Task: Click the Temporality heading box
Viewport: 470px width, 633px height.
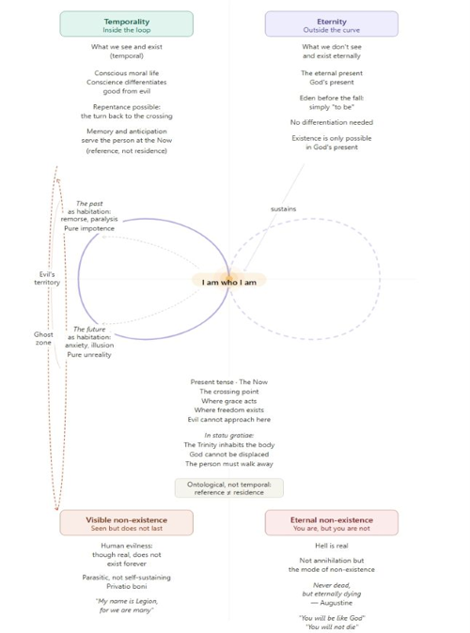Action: click(x=127, y=24)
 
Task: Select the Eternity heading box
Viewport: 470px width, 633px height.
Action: click(x=332, y=24)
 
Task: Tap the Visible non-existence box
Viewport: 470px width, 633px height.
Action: click(x=127, y=523)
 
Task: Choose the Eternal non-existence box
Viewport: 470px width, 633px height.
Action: click(x=332, y=523)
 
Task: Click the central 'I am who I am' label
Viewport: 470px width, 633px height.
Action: click(x=229, y=282)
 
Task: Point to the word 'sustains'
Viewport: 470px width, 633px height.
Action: click(x=283, y=208)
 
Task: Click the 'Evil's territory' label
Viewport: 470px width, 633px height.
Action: click(x=47, y=278)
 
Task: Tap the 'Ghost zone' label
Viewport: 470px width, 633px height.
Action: click(x=43, y=338)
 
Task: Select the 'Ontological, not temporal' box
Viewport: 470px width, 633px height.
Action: click(x=229, y=488)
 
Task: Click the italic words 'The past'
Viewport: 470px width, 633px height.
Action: click(x=89, y=204)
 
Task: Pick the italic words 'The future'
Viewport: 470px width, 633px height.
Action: click(x=89, y=329)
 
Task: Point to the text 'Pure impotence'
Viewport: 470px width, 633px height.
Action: click(x=89, y=228)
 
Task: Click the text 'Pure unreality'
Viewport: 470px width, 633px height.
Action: click(x=89, y=354)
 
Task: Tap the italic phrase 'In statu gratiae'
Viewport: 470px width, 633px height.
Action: click(x=229, y=435)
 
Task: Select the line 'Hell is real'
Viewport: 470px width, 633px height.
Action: click(x=332, y=546)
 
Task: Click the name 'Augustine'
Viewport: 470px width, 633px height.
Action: click(x=337, y=603)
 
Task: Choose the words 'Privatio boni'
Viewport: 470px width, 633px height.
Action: click(x=127, y=586)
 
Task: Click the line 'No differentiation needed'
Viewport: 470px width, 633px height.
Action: click(x=332, y=122)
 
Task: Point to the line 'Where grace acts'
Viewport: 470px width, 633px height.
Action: click(x=229, y=401)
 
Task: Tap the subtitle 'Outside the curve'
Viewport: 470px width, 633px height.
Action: click(x=332, y=30)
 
